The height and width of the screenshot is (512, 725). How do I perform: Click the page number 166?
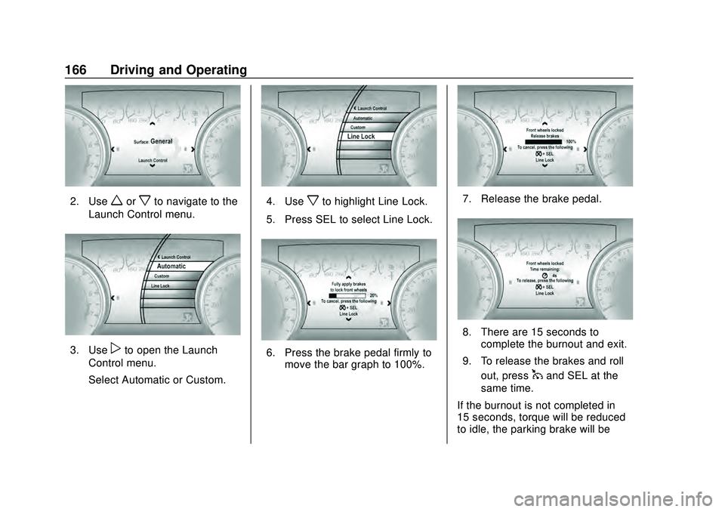[76, 70]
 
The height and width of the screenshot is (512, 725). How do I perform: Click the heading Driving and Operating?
[178, 70]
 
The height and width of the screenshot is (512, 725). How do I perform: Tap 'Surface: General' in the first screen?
[153, 141]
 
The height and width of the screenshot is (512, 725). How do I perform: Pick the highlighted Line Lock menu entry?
[361, 137]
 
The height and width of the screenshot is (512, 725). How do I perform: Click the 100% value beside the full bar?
[570, 141]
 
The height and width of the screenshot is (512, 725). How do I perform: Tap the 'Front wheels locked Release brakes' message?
[545, 133]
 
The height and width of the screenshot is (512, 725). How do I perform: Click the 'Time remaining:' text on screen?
[545, 268]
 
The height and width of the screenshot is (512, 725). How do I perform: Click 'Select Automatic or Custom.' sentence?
[156, 378]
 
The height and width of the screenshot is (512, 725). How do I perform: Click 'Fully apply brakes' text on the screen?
[348, 283]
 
